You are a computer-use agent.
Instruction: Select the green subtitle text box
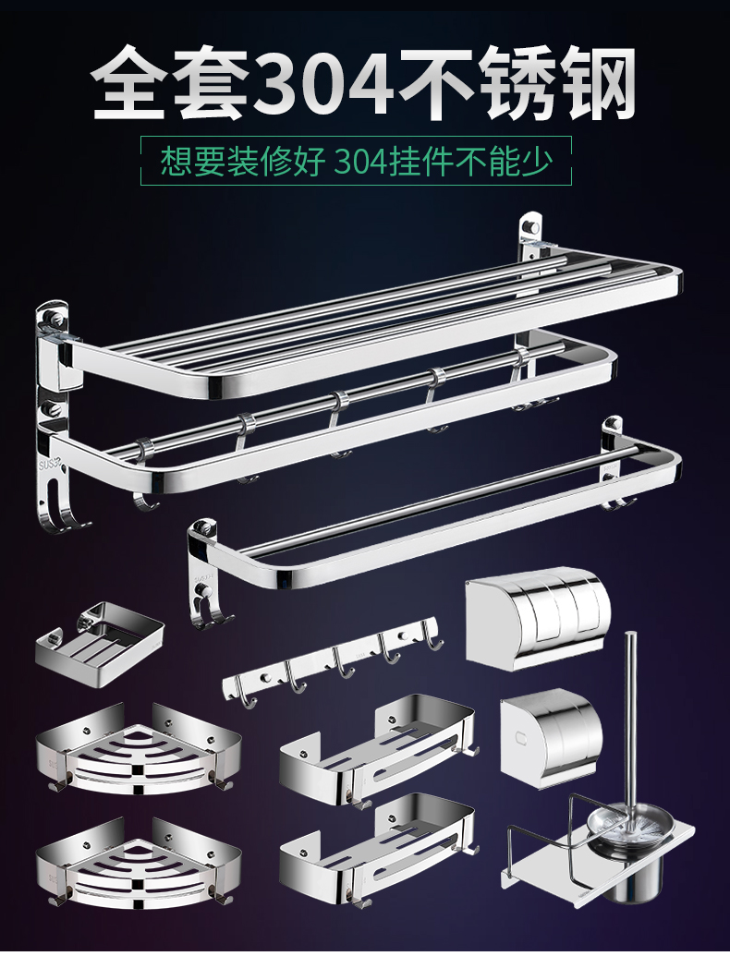[x=356, y=162]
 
